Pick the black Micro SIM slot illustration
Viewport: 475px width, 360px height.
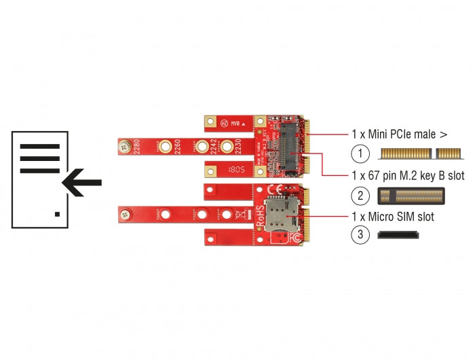tap(399, 235)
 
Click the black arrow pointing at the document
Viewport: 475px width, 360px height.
tap(81, 182)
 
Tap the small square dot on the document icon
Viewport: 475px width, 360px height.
tap(57, 215)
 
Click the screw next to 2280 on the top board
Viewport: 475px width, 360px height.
tap(124, 145)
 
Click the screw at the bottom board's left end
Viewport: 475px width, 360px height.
tap(125, 215)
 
